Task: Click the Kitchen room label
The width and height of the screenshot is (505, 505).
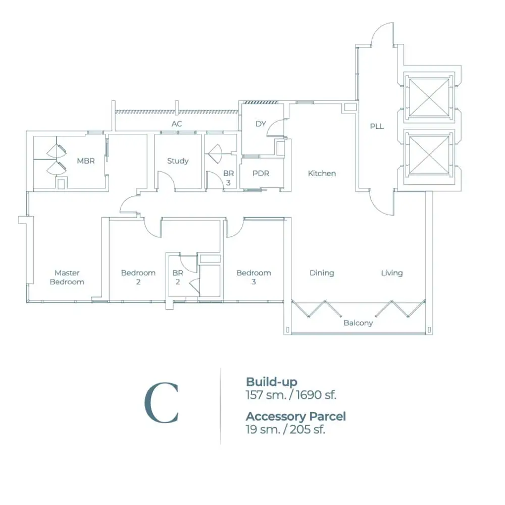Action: [x=322, y=173]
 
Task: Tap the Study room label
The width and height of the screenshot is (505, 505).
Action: [x=178, y=161]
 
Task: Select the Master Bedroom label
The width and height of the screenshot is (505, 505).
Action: [x=67, y=277]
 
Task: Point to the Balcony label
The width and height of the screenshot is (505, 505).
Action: [x=358, y=323]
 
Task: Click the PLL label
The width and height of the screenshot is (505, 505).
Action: [x=377, y=126]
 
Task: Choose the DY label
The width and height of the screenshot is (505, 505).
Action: [x=261, y=124]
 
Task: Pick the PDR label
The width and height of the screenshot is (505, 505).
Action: [x=261, y=173]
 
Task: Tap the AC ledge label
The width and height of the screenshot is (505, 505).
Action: [x=177, y=124]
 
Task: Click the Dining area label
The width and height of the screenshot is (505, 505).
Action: [x=322, y=273]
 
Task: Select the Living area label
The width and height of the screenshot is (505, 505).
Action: [x=392, y=273]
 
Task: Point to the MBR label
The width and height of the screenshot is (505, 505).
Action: [x=86, y=161]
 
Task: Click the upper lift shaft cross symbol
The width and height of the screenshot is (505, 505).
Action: [x=429, y=97]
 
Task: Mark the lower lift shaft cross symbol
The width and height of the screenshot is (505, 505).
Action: [x=429, y=155]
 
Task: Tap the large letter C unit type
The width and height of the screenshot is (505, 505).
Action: [x=162, y=403]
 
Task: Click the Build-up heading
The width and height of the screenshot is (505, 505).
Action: [x=272, y=382]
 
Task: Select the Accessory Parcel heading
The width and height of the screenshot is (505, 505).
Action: [x=295, y=417]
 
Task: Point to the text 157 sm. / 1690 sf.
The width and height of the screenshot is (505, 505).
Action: [x=291, y=395]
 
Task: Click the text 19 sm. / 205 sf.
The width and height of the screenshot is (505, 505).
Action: [x=285, y=430]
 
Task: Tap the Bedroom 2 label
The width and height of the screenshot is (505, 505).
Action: [x=138, y=277]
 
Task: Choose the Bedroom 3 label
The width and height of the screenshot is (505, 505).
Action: [x=254, y=277]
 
